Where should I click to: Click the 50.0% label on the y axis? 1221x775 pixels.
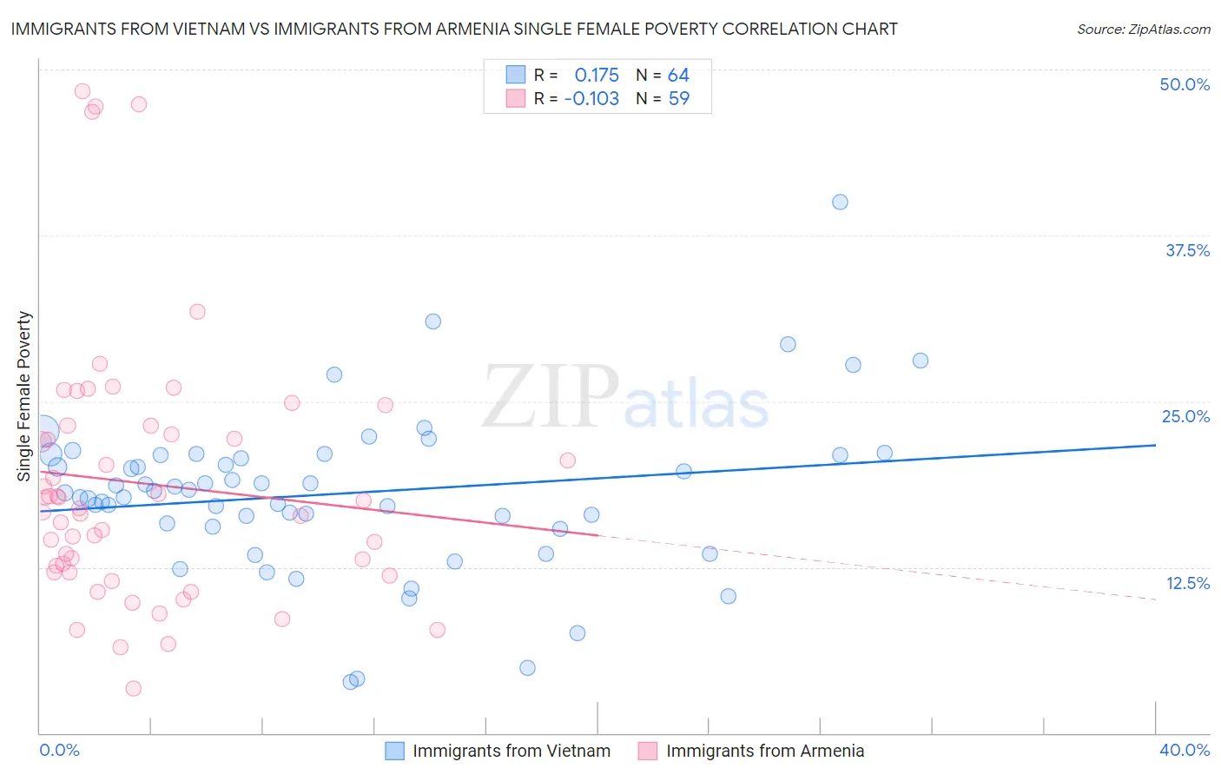[1185, 84]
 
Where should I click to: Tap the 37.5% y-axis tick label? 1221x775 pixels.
[1187, 250]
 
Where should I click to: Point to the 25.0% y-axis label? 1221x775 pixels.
[1185, 416]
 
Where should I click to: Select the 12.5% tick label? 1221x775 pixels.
[1187, 583]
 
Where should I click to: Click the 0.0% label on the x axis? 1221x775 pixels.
[59, 750]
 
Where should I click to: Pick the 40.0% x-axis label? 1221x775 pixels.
[1184, 750]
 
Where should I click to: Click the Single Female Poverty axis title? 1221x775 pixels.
[23, 396]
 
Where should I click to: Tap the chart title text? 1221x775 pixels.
[454, 29]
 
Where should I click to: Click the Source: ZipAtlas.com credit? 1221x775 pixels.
[1143, 29]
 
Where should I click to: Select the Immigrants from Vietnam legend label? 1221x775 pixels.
[511, 751]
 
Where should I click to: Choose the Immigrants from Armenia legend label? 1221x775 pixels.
[765, 751]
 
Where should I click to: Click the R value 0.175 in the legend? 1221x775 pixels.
[597, 75]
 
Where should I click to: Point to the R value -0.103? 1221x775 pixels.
[591, 98]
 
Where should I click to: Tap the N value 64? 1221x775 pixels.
[678, 75]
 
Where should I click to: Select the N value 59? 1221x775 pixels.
[678, 98]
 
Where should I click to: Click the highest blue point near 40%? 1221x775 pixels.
[840, 202]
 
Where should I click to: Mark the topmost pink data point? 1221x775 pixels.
[82, 91]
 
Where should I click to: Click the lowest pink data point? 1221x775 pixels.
[133, 688]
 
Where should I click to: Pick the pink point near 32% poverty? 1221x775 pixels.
[197, 311]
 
